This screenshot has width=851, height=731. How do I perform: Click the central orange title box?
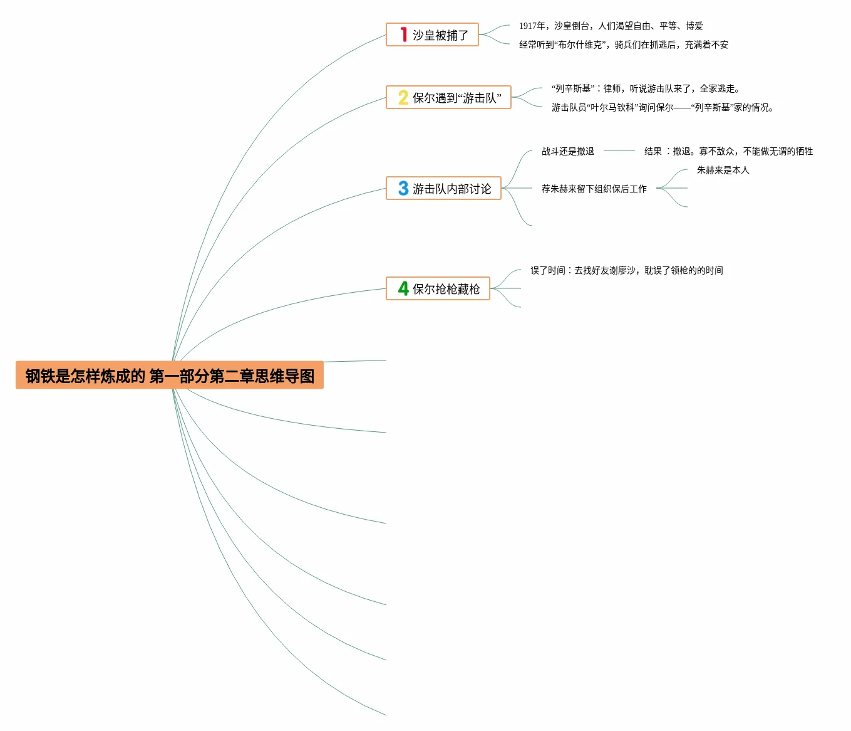(169, 375)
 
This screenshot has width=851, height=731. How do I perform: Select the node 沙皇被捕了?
(440, 35)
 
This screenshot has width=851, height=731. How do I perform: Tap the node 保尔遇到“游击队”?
(456, 98)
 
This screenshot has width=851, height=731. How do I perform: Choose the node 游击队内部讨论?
(451, 189)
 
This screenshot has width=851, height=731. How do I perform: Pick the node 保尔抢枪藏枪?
(446, 289)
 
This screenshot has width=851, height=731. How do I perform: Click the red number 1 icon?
(404, 34)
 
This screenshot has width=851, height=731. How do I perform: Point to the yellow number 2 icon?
(403, 97)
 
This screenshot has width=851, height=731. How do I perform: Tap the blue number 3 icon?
(403, 188)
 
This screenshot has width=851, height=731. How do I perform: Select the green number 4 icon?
(403, 288)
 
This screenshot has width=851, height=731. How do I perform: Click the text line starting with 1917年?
(611, 26)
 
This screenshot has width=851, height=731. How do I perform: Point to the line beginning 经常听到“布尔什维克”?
(623, 45)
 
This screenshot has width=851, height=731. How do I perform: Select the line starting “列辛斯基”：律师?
(645, 88)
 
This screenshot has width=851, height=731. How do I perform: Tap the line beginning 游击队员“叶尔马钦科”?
(662, 107)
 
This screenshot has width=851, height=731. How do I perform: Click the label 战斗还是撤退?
(567, 151)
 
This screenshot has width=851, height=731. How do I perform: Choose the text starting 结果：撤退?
(728, 151)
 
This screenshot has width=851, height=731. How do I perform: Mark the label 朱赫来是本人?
(723, 170)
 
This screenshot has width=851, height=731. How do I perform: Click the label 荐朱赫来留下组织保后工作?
(594, 189)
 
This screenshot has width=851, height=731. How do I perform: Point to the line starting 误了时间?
(626, 270)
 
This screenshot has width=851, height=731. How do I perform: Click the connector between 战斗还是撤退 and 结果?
(619, 150)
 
